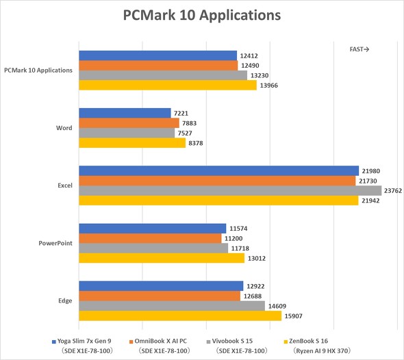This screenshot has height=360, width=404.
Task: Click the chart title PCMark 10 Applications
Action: click(202, 14)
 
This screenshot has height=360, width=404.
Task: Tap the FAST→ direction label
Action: click(359, 49)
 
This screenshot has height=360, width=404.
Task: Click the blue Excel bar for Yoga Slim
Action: click(218, 170)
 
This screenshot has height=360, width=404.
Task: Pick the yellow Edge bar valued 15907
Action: click(180, 316)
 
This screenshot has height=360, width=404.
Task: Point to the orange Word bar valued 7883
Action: click(129, 123)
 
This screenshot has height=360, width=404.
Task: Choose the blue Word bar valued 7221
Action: click(125, 113)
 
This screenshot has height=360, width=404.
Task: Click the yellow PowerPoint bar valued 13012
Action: click(162, 258)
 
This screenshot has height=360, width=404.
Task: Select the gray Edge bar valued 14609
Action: click(172, 306)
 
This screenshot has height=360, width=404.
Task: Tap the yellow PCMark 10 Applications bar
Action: click(168, 86)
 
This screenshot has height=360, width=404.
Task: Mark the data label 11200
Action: click(236, 238)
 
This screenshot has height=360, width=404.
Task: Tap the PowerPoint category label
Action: click(55, 243)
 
